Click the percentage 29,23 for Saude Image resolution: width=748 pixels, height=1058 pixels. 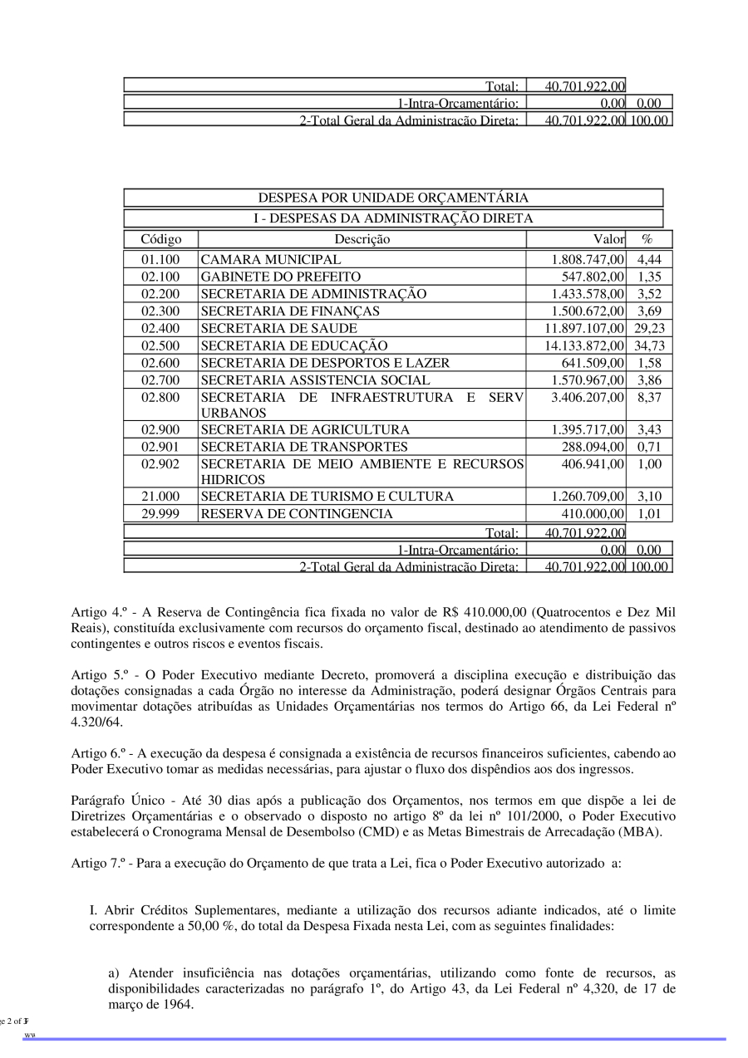pyautogui.click(x=649, y=328)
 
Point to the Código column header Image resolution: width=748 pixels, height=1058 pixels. pyautogui.click(x=160, y=239)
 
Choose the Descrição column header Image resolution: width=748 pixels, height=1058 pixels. pyautogui.click(x=362, y=239)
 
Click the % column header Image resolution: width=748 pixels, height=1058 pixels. pyautogui.click(x=647, y=239)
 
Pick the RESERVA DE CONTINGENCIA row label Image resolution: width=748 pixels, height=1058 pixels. pyautogui.click(x=297, y=514)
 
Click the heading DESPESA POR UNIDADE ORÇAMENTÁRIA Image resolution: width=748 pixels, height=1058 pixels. pyautogui.click(x=393, y=198)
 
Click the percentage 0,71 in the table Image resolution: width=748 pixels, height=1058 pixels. pyautogui.click(x=649, y=447)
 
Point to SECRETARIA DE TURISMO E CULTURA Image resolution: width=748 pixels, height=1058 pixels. pyautogui.click(x=327, y=497)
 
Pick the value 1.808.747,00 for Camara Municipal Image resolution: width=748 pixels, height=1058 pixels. pyautogui.click(x=587, y=260)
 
